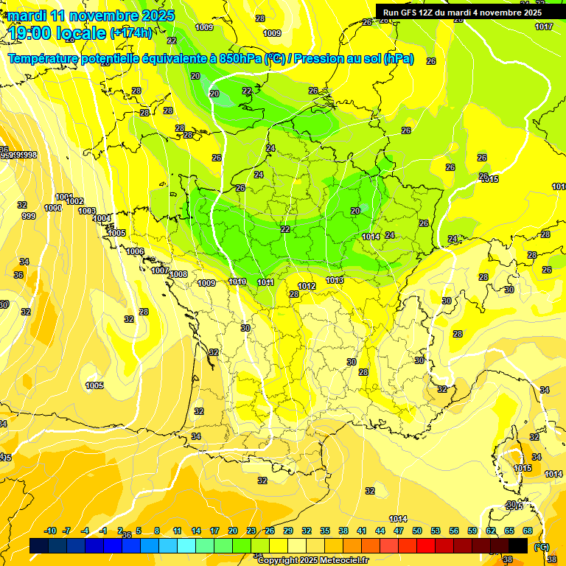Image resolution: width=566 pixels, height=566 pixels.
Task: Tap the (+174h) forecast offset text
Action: click(x=131, y=32)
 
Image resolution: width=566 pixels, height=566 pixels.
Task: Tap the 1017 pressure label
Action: click(x=544, y=27)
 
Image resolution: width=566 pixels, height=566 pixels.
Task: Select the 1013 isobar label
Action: click(x=335, y=280)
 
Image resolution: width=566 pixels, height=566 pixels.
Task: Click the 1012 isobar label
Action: click(x=307, y=286)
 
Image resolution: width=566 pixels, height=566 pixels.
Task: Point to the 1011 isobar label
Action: click(x=266, y=282)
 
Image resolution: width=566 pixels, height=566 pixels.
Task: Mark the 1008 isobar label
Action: click(x=178, y=274)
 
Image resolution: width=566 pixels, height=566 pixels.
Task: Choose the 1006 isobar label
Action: click(x=135, y=252)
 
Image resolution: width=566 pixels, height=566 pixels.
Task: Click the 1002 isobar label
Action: click(x=74, y=201)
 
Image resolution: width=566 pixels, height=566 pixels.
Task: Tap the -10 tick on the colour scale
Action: click(x=50, y=531)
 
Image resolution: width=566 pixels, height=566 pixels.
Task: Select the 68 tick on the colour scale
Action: click(x=528, y=531)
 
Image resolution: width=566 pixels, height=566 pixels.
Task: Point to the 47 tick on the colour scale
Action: click(x=399, y=531)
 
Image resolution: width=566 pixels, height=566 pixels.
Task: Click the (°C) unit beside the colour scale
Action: click(x=542, y=546)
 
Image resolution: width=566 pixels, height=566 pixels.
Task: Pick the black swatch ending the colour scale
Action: click(x=518, y=545)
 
